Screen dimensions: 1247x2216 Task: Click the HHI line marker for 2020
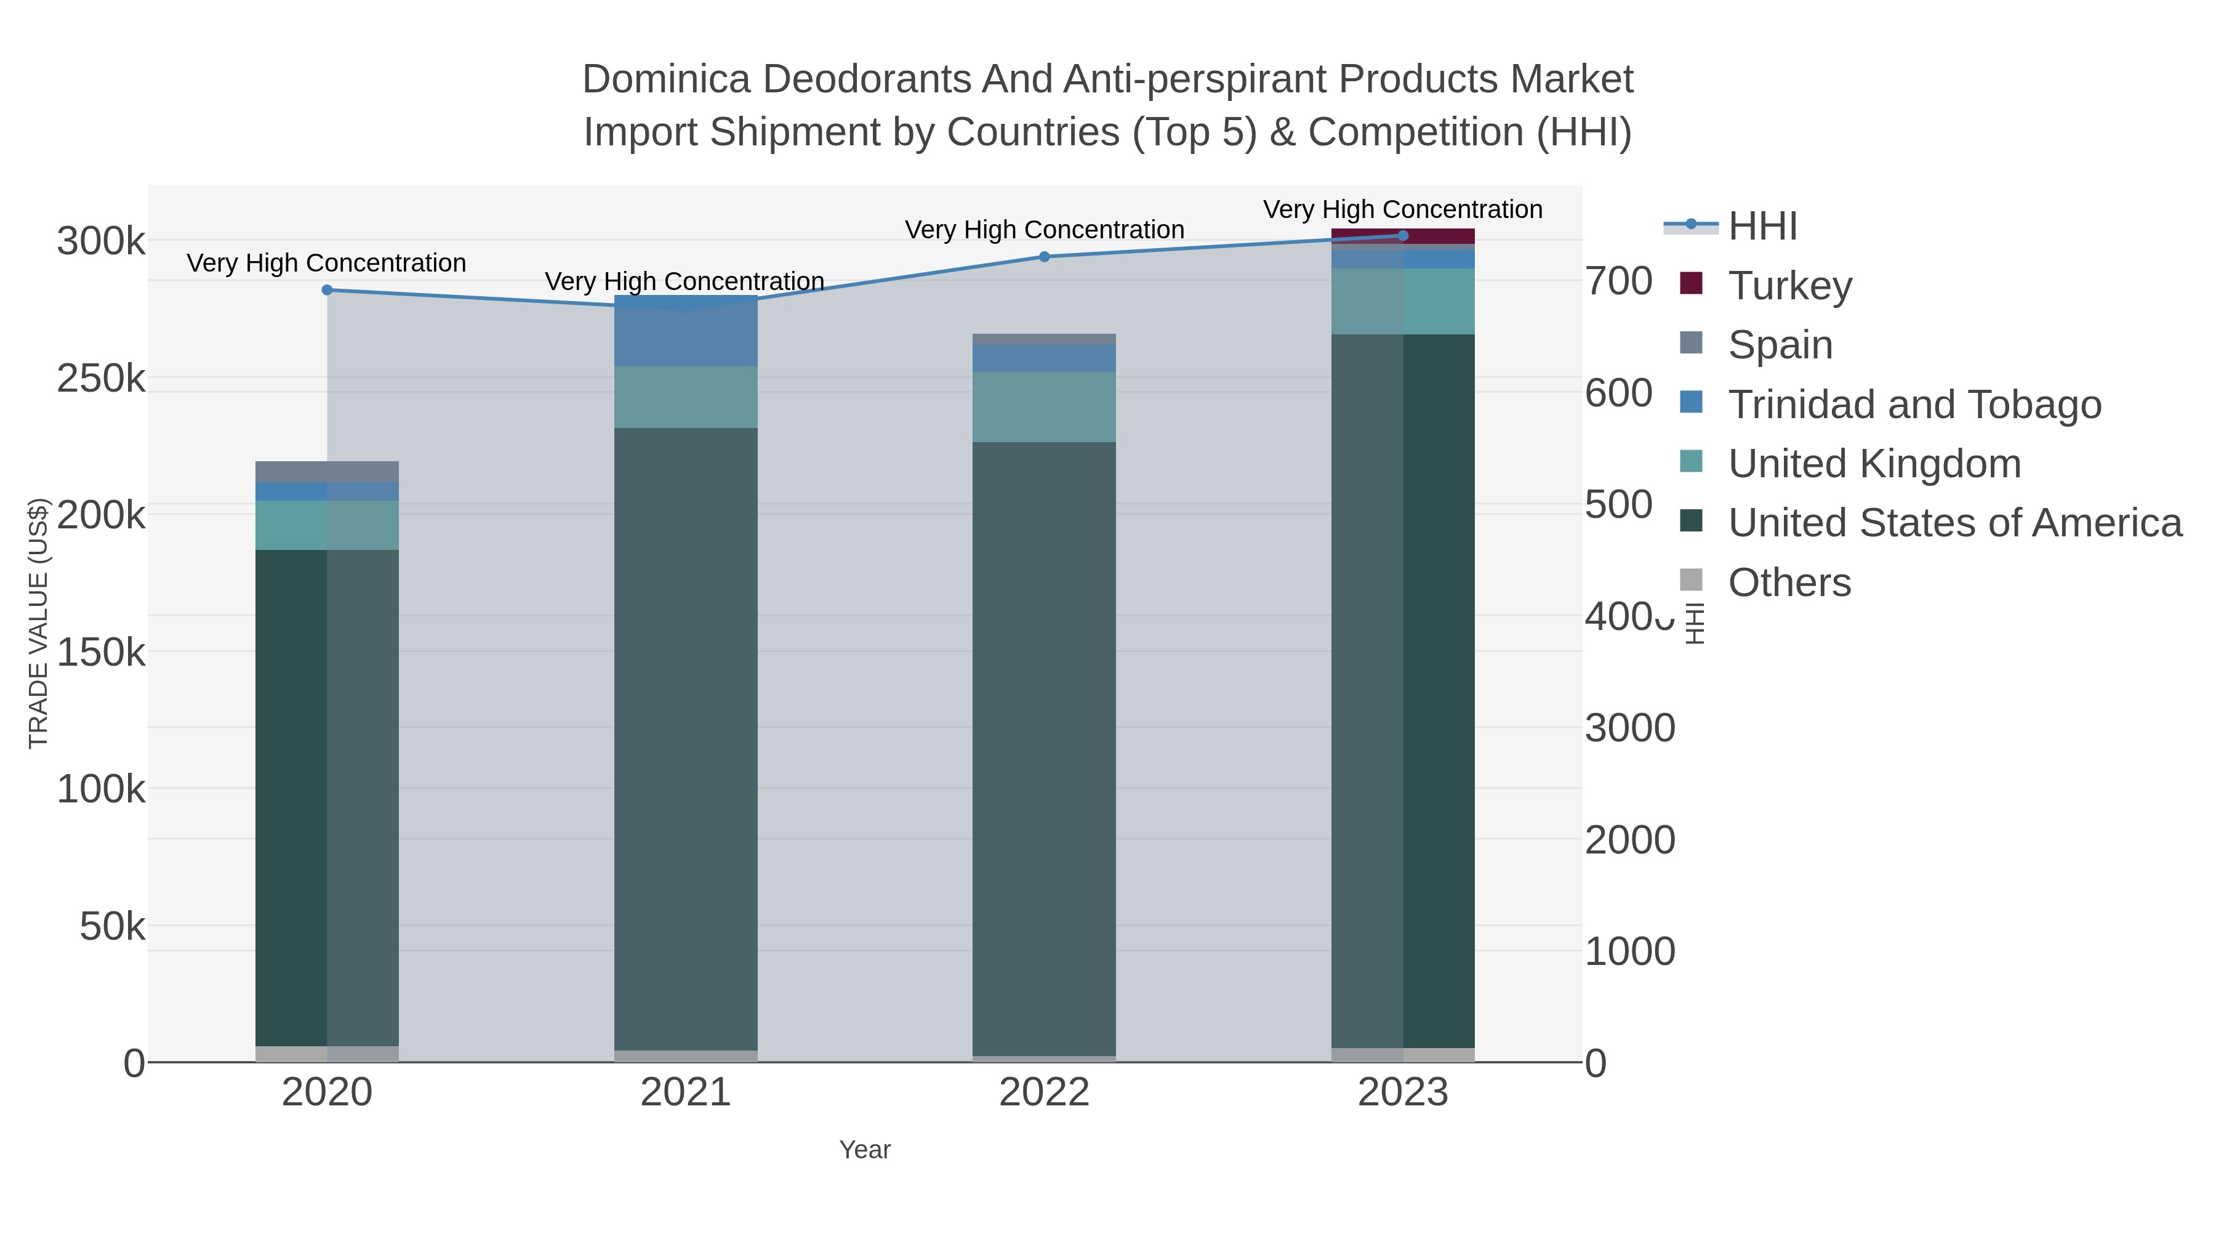[327, 290]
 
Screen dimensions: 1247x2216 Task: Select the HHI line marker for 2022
[1045, 256]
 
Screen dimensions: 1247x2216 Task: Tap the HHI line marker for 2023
[1403, 236]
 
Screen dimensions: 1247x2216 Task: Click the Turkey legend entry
[1789, 286]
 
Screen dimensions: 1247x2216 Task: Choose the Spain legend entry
[1780, 345]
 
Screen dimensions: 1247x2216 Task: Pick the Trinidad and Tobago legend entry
[1914, 405]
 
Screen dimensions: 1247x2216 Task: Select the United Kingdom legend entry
[1874, 464]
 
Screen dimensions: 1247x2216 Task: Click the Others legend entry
[1788, 583]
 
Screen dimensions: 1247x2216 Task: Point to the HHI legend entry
[1762, 227]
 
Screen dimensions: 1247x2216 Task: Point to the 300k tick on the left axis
[102, 242]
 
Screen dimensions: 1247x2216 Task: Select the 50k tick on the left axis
[113, 927]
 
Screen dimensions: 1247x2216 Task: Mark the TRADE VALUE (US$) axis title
[39, 623]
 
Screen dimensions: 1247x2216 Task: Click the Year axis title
[865, 1150]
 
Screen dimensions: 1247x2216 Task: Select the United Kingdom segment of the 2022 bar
[1045, 407]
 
